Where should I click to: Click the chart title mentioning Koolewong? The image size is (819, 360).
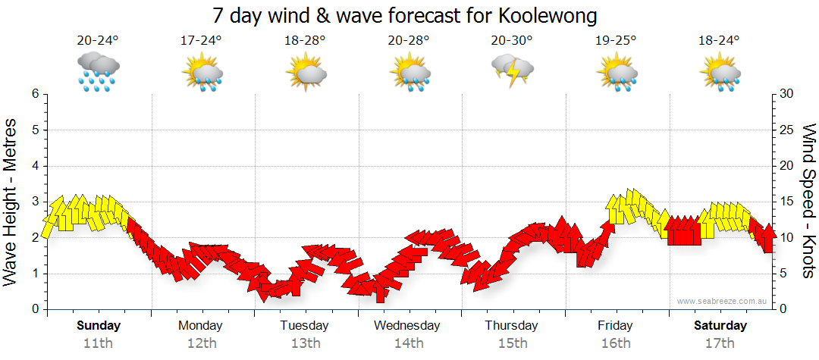(405, 15)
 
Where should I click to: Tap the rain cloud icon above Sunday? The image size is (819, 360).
(99, 71)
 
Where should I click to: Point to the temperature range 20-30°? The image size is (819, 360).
(511, 40)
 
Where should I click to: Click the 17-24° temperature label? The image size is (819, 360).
(201, 40)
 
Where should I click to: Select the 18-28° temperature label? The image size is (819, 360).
(304, 40)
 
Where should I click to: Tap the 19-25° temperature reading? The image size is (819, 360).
(615, 40)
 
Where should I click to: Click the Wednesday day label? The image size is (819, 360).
(407, 325)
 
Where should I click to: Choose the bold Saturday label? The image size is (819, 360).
(720, 325)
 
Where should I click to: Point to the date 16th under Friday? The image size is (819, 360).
(615, 343)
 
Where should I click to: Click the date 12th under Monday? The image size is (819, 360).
(201, 343)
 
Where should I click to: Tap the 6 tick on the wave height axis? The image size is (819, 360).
(34, 94)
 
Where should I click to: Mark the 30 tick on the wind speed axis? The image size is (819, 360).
(787, 94)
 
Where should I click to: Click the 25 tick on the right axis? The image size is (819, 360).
(787, 130)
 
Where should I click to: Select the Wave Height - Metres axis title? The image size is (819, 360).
(12, 202)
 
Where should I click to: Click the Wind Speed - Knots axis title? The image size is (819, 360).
(808, 202)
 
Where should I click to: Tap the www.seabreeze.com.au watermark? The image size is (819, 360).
(723, 301)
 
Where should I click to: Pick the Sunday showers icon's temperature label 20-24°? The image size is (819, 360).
(98, 40)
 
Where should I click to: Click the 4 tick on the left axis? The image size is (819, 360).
(34, 166)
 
